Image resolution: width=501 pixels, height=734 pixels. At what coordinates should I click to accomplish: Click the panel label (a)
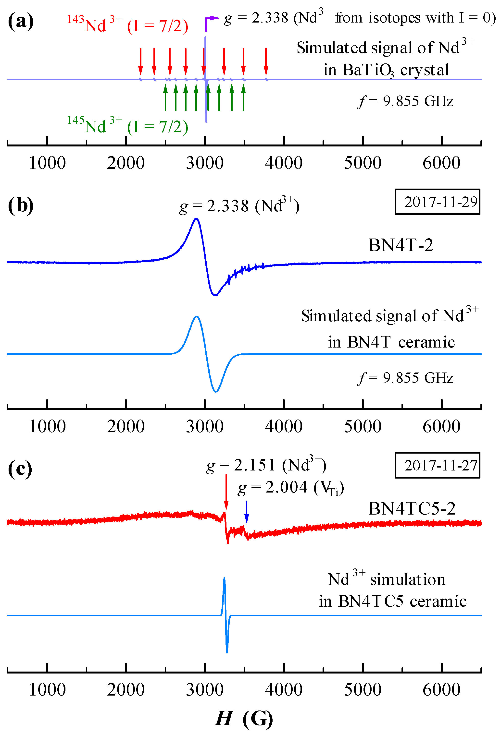21,22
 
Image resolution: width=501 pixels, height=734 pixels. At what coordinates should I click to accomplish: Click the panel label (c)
20,469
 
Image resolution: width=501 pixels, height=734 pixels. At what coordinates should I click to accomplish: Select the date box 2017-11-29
437,202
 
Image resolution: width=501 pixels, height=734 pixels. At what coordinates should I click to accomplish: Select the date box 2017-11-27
437,465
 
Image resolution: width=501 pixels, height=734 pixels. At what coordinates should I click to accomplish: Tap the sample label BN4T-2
401,245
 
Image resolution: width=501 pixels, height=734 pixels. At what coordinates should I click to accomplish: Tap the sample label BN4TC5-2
412,508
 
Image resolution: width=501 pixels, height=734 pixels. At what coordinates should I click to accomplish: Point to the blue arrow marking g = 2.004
247,512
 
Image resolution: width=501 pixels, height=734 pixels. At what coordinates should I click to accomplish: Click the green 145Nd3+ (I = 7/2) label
127,126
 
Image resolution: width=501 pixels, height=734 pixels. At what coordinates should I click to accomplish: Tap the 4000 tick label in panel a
284,163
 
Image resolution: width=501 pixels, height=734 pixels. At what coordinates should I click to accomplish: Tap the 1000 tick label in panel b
47,426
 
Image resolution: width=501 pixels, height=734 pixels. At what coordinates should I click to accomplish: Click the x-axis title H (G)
244,718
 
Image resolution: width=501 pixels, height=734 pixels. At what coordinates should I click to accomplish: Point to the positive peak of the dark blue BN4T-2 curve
196,218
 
